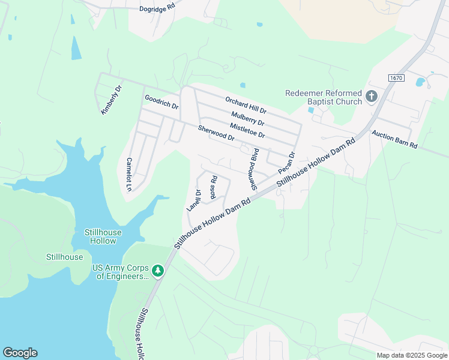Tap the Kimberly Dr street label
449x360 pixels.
tap(111, 99)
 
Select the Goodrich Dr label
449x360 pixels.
tap(161, 101)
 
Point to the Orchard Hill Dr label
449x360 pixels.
tap(246, 106)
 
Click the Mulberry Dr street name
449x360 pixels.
tap(247, 118)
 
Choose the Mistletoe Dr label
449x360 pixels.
tap(247, 130)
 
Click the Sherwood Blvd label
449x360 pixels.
tap(254, 169)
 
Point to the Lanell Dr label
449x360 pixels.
tap(193, 200)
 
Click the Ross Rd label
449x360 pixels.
tap(213, 187)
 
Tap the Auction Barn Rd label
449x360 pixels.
tap(394, 140)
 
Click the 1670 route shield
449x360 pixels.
tap(396, 78)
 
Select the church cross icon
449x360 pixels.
tap(372, 96)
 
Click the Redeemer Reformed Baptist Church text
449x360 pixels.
tap(324, 97)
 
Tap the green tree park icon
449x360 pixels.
tap(158, 271)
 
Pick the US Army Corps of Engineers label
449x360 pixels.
tap(120, 272)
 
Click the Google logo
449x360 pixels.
tap(20, 353)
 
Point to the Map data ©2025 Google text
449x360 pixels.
tap(411, 355)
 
